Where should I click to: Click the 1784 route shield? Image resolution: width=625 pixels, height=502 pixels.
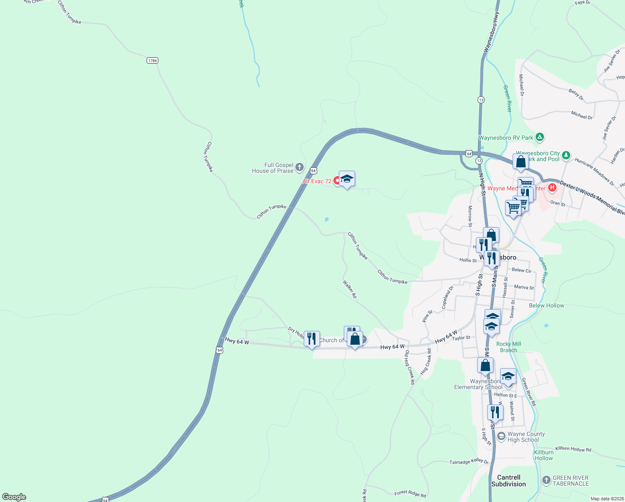coord(152,61)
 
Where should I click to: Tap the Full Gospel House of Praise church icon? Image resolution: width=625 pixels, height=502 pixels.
coord(299,168)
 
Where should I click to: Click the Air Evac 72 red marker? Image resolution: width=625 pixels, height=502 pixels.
coord(337,181)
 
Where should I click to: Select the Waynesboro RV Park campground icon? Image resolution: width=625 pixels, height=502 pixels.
coord(540,137)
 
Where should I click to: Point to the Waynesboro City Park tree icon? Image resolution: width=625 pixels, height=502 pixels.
coord(566,155)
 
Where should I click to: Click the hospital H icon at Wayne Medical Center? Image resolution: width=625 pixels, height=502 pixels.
coord(552,187)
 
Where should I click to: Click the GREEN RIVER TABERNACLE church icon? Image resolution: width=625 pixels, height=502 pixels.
coord(546,480)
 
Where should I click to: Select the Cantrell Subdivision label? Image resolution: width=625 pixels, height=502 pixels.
coord(508,481)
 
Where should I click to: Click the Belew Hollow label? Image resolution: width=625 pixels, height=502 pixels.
coord(546,305)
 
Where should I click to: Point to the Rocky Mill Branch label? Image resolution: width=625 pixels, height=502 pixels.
coord(508,347)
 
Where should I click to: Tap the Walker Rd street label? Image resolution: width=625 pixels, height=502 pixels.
coord(350,289)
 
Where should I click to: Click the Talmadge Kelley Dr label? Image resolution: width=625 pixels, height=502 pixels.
coord(469,461)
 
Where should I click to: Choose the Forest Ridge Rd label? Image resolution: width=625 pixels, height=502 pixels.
coord(410,494)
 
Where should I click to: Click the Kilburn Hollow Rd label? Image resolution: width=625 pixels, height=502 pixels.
coord(573,449)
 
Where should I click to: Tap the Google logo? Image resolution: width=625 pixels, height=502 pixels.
coord(14,497)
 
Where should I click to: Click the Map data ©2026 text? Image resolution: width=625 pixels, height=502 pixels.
coord(607,499)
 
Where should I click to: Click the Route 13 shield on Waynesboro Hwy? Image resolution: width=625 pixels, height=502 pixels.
coord(481,100)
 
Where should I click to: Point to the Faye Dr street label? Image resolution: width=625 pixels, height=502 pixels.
coord(582,3)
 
